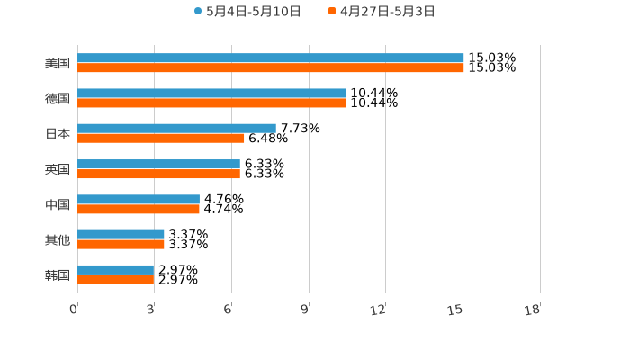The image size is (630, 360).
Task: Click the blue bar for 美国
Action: tap(270, 58)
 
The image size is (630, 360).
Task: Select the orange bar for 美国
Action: tap(270, 67)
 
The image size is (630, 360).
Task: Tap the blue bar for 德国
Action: tap(211, 94)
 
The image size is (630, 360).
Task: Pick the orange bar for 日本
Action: tap(161, 138)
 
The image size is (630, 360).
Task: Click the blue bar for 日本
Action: tap(176, 129)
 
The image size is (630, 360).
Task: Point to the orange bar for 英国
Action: tap(158, 174)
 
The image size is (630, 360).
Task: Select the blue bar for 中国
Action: tap(139, 200)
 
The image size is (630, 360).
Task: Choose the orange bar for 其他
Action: tap(121, 244)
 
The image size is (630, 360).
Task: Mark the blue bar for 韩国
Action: tap(116, 270)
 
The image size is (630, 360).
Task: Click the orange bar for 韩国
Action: tap(116, 279)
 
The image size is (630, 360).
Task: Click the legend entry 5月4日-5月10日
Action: tap(247, 12)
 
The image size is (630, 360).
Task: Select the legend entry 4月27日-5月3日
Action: tap(382, 12)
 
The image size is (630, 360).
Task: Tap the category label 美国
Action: tap(58, 64)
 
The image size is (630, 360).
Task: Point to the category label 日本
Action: tap(58, 134)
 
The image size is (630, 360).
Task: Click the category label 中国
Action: tap(58, 205)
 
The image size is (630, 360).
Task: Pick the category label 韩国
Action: tap(58, 275)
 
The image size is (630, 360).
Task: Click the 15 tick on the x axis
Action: tap(456, 310)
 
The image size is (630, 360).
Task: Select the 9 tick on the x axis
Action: tap(305, 310)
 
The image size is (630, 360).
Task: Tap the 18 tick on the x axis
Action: tap(533, 310)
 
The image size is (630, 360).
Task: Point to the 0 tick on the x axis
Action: tap(74, 310)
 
